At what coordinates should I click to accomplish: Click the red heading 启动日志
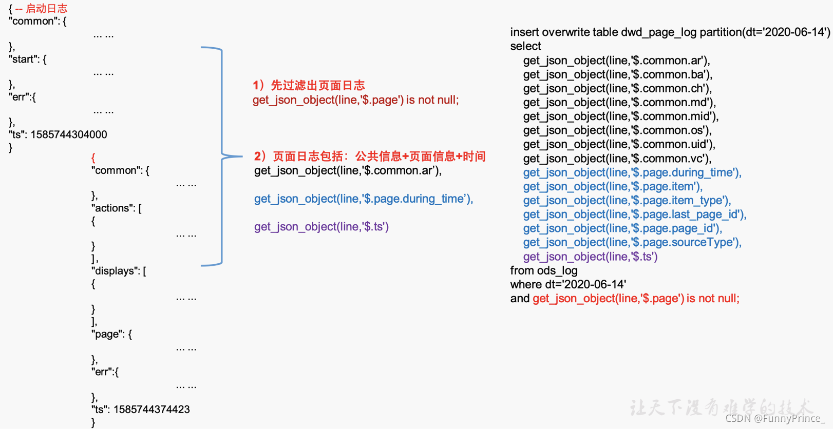(47, 8)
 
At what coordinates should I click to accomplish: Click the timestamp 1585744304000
(69, 134)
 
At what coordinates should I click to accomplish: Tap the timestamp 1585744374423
(152, 410)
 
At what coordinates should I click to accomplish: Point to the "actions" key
(112, 208)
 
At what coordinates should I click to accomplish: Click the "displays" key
(115, 271)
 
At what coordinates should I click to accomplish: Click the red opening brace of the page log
(93, 158)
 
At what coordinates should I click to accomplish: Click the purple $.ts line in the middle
(321, 227)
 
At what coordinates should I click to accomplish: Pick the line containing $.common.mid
(621, 116)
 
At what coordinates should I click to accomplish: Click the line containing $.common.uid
(619, 144)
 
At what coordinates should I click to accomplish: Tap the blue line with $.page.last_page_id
(635, 215)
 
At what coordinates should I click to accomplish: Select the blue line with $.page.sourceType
(632, 242)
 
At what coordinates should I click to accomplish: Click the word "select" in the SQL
(525, 46)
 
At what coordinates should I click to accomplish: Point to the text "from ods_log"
(544, 270)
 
